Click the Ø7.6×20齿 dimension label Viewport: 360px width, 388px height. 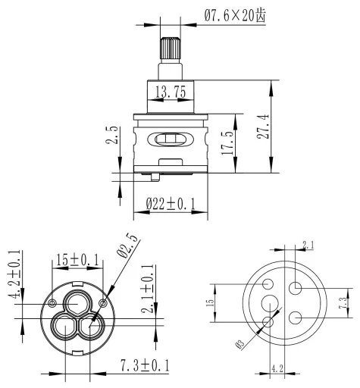coord(235,16)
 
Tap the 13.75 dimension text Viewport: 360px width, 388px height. coord(171,91)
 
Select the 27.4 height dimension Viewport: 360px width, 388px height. coord(263,127)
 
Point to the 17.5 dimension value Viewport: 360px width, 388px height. coord(227,142)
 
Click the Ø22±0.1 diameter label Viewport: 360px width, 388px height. coord(171,204)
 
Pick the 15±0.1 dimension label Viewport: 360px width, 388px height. coord(77,260)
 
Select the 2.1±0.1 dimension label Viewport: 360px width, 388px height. coord(148,289)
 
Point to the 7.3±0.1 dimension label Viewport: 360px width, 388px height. coord(145,365)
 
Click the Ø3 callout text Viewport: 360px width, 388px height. coord(239,344)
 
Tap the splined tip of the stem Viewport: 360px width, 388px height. coord(171,48)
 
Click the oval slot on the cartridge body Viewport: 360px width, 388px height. coord(171,139)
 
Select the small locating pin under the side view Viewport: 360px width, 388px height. coord(155,177)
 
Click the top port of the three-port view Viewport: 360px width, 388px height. coord(78,303)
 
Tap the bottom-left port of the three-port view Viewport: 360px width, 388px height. coord(64,325)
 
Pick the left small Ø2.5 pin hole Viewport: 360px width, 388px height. coord(52,303)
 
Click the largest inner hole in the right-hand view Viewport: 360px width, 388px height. coord(270,303)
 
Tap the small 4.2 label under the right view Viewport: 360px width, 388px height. coord(277,369)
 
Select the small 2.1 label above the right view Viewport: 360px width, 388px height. coord(308,245)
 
